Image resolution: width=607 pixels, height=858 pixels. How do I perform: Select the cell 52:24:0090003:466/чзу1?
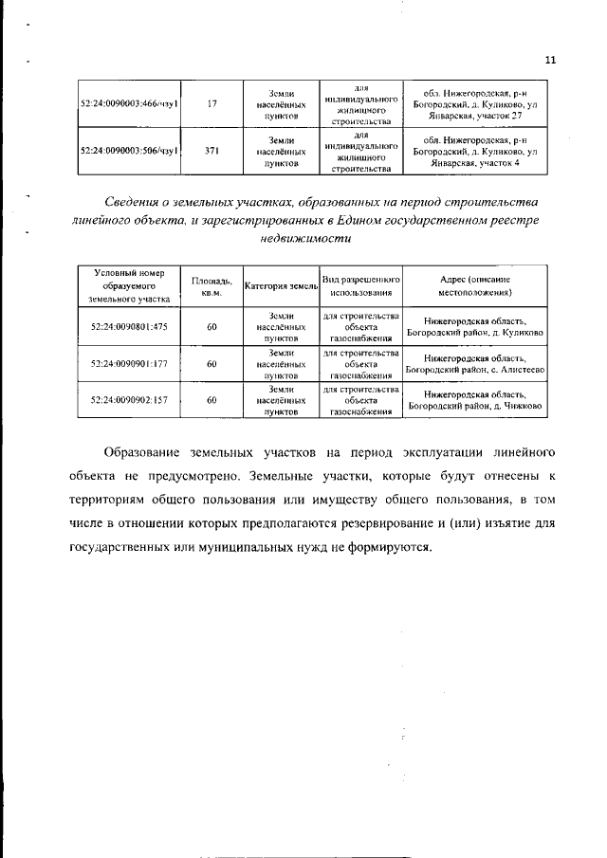tap(130, 104)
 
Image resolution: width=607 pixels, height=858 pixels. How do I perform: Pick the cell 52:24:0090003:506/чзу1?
tap(130, 150)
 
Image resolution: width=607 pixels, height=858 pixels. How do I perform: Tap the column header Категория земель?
tap(281, 285)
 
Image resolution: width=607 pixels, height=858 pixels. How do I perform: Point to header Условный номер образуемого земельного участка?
tap(130, 285)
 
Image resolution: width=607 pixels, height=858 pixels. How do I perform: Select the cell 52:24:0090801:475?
tap(130, 326)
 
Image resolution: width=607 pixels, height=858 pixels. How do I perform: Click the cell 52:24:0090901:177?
tap(130, 363)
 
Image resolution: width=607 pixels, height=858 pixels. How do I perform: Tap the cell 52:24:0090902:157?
tap(130, 400)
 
